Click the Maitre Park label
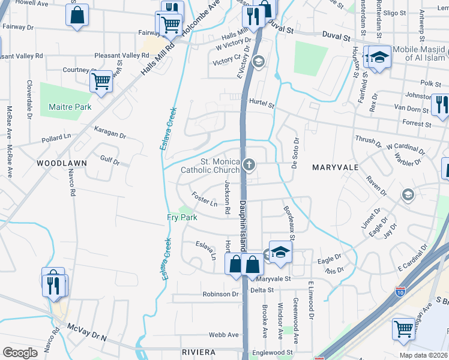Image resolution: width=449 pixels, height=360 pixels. [x=70, y=107]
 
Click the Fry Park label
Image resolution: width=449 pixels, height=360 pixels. [x=182, y=217]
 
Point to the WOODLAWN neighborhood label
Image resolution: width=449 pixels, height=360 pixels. [x=62, y=163]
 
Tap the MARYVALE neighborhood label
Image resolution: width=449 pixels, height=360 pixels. [x=336, y=167]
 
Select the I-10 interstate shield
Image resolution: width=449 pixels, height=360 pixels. [x=400, y=292]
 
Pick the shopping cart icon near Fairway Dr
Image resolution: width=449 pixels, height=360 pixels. [x=171, y=25]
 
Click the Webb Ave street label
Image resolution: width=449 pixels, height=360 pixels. [x=224, y=335]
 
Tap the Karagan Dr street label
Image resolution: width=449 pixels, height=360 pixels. [x=110, y=131]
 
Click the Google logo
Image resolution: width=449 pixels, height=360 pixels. [x=20, y=353]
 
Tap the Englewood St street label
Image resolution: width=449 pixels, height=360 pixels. [x=273, y=352]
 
